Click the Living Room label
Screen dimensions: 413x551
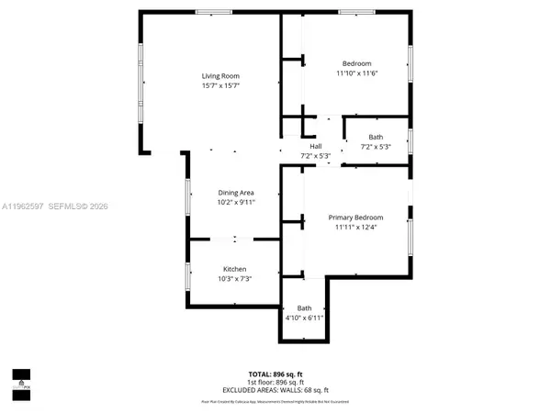[x=220, y=75]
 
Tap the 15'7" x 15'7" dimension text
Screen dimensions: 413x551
[x=220, y=86]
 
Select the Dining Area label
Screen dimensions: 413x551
[x=235, y=192]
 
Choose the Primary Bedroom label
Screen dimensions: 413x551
[x=356, y=217]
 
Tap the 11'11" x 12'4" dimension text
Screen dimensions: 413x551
[x=356, y=228]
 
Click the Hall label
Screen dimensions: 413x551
[x=316, y=146]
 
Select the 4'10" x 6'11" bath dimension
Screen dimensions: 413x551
[x=304, y=318]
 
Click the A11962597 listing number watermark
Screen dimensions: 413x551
[x=28, y=207]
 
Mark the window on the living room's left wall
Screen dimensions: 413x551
[x=141, y=87]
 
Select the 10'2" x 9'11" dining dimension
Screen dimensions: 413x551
[x=235, y=202]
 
